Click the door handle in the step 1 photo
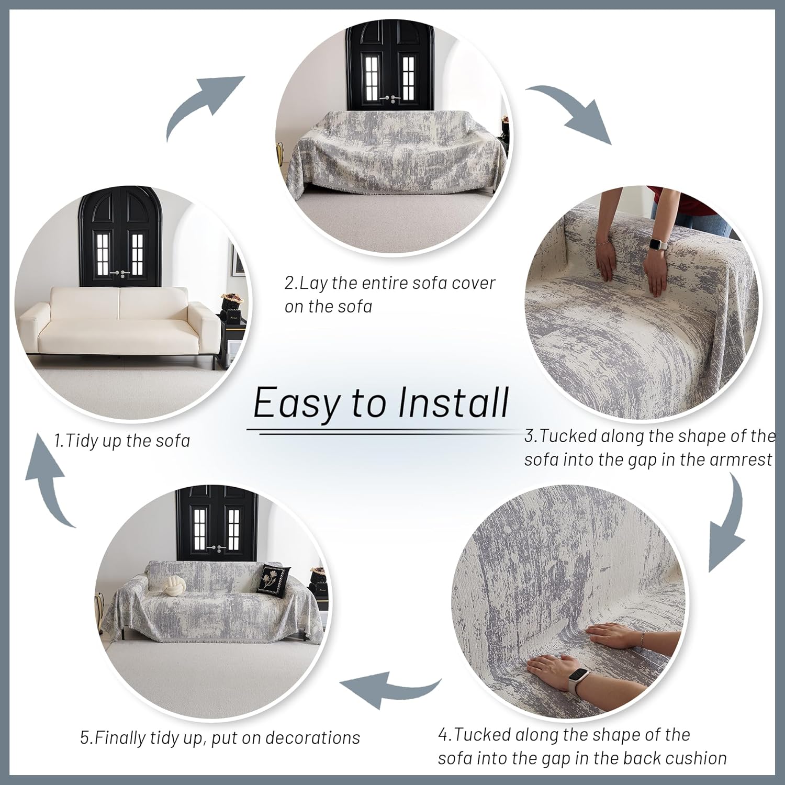click(x=121, y=273)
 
